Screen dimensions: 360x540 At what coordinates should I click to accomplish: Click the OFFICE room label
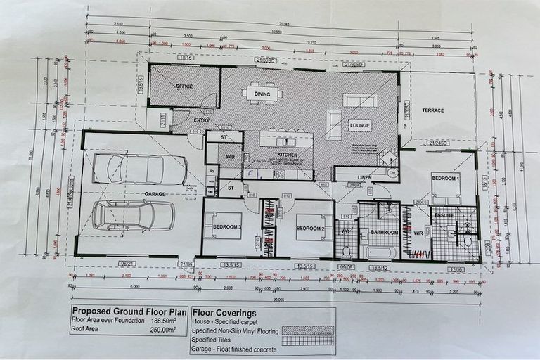point(184,86)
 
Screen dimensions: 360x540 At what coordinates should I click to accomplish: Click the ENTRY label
point(202,120)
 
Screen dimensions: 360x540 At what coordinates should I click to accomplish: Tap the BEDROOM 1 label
point(446,179)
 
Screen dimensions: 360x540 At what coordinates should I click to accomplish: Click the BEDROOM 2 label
point(309,229)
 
